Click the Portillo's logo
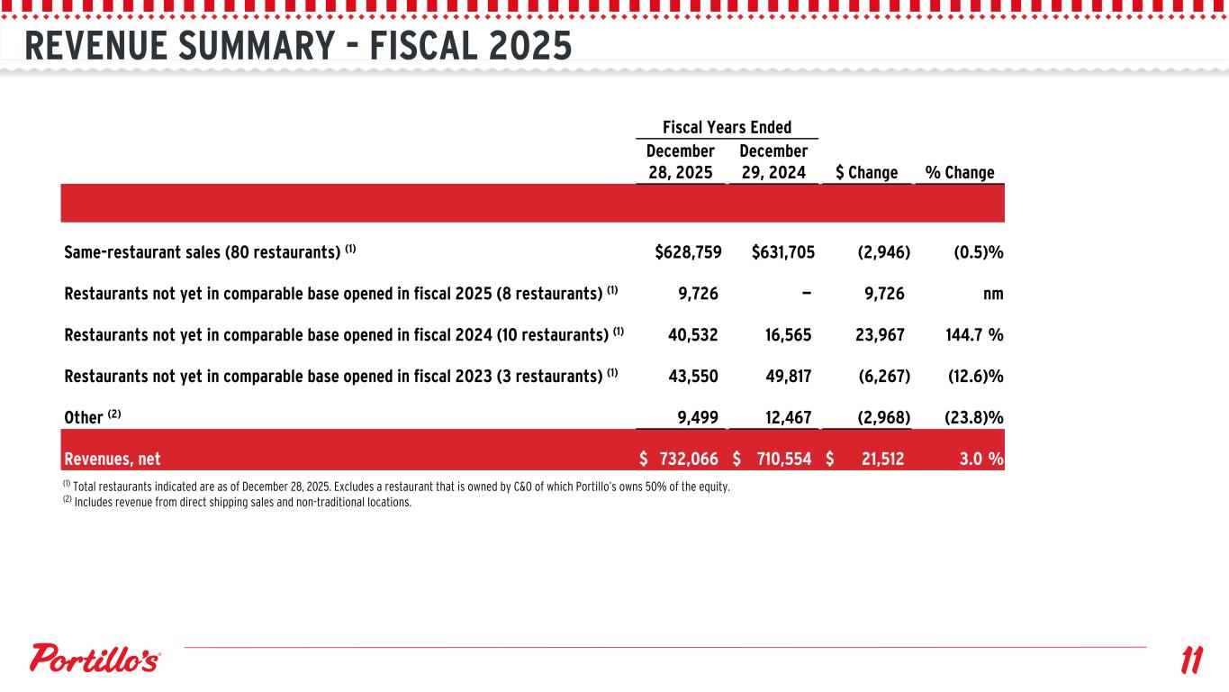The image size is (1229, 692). (x=96, y=659)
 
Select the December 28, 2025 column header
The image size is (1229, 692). (x=681, y=161)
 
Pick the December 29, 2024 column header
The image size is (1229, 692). (x=773, y=161)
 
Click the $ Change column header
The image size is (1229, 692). (x=866, y=172)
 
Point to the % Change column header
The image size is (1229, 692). (x=959, y=172)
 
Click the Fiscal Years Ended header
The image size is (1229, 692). (x=727, y=127)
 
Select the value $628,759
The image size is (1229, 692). (x=688, y=252)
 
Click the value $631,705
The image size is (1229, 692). (x=782, y=252)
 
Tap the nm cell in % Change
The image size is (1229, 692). (x=993, y=294)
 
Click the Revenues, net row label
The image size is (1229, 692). (x=113, y=460)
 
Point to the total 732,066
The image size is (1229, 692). (x=688, y=460)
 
